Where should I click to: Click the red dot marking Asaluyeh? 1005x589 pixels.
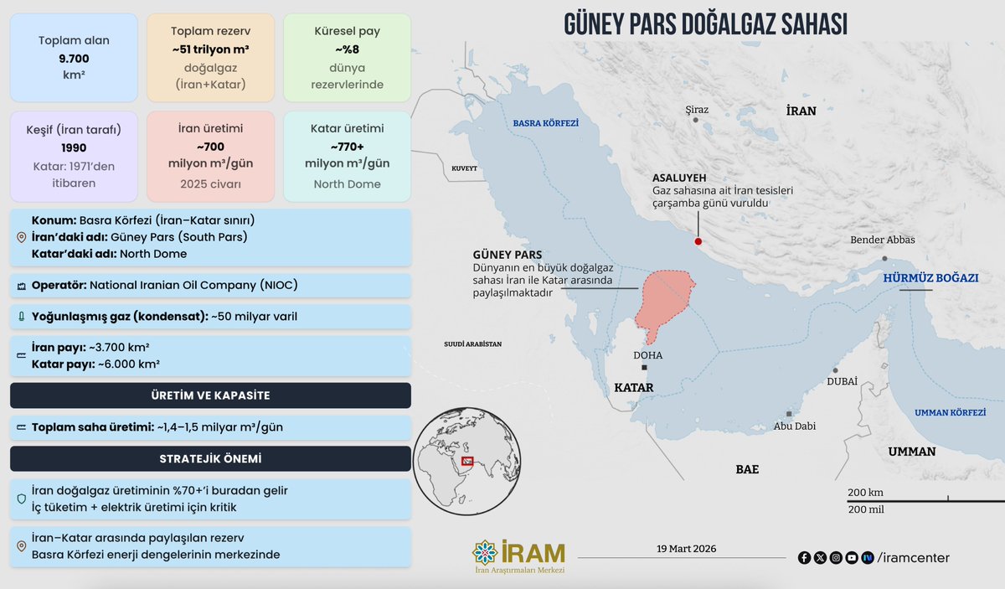[x=698, y=241]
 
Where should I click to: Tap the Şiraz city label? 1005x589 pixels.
[x=697, y=110]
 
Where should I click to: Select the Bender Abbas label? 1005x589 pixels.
[x=883, y=240]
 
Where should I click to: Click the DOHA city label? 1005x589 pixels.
[x=648, y=355]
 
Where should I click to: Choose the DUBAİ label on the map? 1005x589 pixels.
[x=842, y=381]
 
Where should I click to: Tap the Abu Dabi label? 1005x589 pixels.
[x=795, y=426]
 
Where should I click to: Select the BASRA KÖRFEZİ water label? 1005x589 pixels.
[x=546, y=122]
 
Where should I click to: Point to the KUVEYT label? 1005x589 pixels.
[x=464, y=168]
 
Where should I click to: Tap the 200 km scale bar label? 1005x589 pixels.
[x=865, y=492]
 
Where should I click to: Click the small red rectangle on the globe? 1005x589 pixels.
[x=467, y=461]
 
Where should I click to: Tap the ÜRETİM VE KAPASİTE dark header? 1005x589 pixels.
[x=210, y=395]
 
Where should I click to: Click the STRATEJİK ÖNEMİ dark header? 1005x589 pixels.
[x=210, y=459]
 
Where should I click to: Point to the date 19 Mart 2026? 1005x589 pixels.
[x=687, y=549]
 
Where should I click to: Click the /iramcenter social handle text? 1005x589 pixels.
[x=913, y=557]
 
